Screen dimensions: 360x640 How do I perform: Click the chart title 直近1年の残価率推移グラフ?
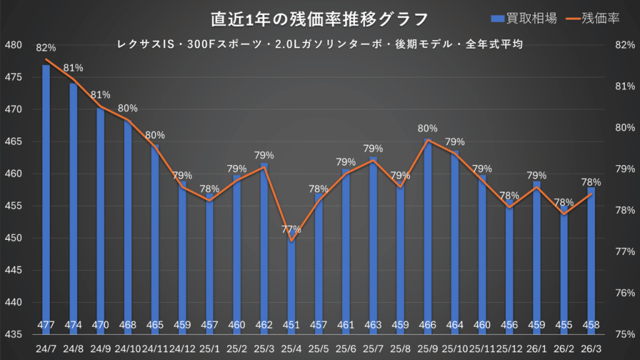pos(319,19)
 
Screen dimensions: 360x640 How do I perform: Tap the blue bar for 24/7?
pos(46,187)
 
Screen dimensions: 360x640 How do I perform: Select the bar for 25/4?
pos(291,281)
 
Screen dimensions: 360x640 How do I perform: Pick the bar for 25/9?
pos(427,231)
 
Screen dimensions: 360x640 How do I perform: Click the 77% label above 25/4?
pos(291,229)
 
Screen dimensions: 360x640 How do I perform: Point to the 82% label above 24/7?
pos(46,47)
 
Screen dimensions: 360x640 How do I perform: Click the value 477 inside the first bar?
pos(46,324)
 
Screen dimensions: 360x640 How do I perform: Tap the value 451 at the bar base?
pos(291,324)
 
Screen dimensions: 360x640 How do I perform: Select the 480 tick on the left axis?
pos(12,45)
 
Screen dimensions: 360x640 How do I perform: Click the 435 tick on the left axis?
pos(12,334)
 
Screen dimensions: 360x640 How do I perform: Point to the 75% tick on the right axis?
pos(625,334)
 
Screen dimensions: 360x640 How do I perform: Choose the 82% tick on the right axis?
pos(625,45)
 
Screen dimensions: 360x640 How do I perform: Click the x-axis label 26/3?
pos(591,347)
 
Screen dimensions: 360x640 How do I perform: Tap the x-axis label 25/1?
pos(209,347)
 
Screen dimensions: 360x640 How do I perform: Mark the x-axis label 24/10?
pos(128,347)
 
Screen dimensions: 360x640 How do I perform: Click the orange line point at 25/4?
pos(291,241)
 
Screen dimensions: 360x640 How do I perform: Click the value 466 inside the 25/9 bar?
pos(427,324)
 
